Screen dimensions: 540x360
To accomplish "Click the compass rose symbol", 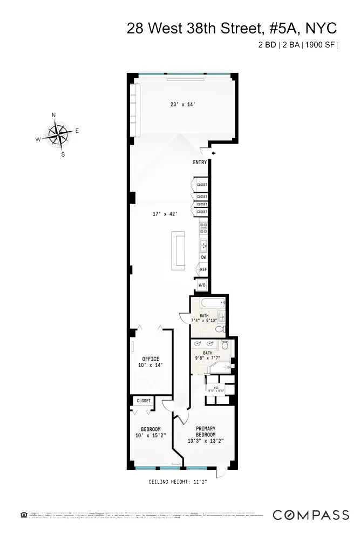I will tap(58, 134).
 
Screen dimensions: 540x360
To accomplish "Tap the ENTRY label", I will tap(200, 163).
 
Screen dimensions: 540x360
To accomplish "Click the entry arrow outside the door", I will tap(214, 154).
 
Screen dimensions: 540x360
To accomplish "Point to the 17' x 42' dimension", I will tap(165, 214).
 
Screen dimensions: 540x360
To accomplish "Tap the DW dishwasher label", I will tap(203, 258).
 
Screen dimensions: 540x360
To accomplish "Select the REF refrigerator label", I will tap(203, 269).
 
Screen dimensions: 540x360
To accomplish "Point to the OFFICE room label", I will tap(151, 359).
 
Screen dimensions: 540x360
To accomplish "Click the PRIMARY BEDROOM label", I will tap(206, 432).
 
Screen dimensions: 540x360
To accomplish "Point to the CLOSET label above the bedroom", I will tap(144, 401).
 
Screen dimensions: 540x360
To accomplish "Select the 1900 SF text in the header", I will tap(321, 45).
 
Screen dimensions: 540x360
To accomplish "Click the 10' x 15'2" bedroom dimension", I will tap(151, 435).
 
